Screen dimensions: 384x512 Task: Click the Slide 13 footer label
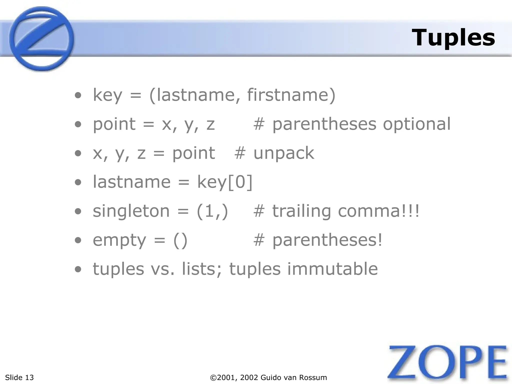point(19,377)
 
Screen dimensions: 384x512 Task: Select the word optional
point(417,124)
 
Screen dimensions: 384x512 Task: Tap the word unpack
point(284,153)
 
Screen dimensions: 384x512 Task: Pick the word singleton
point(131,211)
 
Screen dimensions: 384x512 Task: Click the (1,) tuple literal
point(212,211)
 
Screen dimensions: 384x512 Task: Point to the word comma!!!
point(378,211)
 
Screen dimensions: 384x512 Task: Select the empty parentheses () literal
point(180,240)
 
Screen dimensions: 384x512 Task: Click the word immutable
point(332,269)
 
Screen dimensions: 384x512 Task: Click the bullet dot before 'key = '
point(78,95)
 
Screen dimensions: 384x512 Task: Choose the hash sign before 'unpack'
point(240,153)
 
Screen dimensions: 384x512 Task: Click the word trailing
point(301,211)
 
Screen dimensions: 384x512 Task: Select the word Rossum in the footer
point(315,377)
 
